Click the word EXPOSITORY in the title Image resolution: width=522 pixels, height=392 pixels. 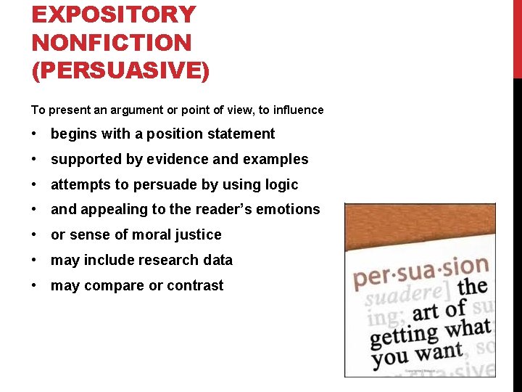[114, 15]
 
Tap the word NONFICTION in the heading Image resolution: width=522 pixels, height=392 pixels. [112, 43]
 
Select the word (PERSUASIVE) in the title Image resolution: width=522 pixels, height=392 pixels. [120, 71]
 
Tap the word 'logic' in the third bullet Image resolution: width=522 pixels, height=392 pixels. [281, 184]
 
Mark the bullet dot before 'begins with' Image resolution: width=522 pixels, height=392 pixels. [35, 134]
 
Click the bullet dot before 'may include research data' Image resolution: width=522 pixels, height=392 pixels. [35, 261]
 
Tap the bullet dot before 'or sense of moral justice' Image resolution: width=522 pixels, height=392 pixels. [35, 235]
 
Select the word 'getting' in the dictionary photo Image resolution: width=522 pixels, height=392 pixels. [403, 336]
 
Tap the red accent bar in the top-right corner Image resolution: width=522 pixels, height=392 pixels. [517, 36]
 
